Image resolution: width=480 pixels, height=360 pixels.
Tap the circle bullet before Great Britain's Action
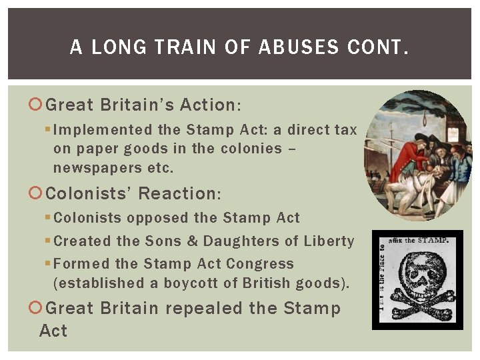pos(36,105)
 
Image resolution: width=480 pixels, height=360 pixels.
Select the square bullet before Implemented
pos(48,130)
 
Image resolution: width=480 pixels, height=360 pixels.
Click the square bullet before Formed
pos(48,264)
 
